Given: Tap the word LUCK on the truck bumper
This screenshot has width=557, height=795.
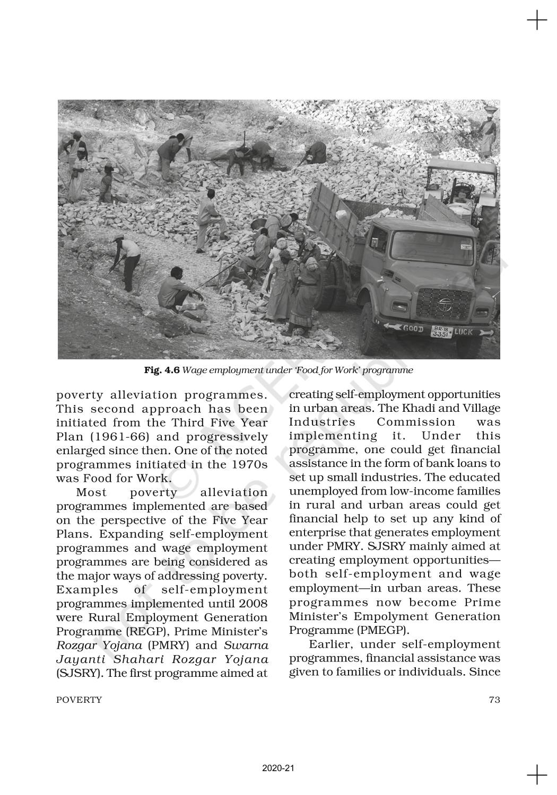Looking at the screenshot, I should point(464,332).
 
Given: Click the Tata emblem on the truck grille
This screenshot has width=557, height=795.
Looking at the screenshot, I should point(443,303).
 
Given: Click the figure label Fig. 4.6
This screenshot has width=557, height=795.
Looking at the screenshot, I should point(162,370).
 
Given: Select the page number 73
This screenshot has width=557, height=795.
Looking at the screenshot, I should point(494,700).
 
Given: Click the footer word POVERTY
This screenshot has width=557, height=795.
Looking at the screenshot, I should point(79,700).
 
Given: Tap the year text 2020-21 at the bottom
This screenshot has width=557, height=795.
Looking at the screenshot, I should point(278,768).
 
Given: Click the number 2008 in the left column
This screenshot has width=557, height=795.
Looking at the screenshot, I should point(253,603).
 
